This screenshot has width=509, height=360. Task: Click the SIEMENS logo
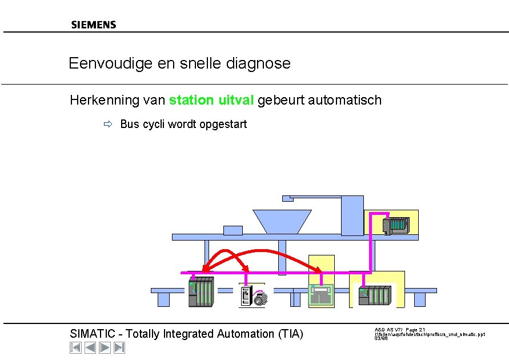pyautogui.click(x=94, y=25)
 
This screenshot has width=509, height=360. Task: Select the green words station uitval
pyautogui.click(x=211, y=101)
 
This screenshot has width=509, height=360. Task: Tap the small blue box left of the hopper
pyautogui.click(x=233, y=230)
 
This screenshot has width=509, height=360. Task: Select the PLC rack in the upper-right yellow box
pyautogui.click(x=395, y=226)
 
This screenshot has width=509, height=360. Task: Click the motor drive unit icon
pyautogui.click(x=253, y=296)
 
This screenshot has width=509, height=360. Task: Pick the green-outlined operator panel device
pyautogui.click(x=322, y=295)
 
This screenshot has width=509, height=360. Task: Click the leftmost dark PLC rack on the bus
pyautogui.click(x=201, y=292)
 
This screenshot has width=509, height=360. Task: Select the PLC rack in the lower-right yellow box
pyautogui.click(x=375, y=295)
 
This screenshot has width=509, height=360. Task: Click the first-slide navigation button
pyautogui.click(x=75, y=347)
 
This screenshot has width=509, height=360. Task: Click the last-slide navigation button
pyautogui.click(x=119, y=347)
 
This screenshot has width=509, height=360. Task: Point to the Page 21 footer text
pyautogui.click(x=415, y=330)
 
